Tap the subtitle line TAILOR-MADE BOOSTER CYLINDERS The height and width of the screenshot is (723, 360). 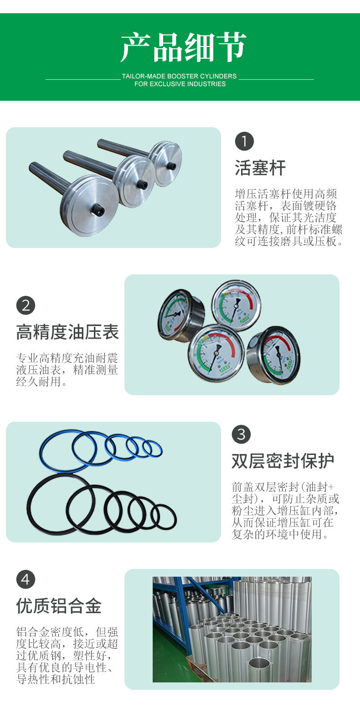[180, 76]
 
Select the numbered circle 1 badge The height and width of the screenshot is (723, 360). [244, 141]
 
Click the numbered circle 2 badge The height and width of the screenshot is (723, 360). [26, 305]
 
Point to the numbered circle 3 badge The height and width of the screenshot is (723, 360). [241, 434]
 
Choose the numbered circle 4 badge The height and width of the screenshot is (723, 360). [26, 579]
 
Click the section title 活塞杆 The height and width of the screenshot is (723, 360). [260, 168]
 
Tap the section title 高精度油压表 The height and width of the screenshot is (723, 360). [68, 332]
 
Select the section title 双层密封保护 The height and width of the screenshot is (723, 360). [283, 461]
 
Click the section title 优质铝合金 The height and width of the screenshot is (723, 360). [59, 606]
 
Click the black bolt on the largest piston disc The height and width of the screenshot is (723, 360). [98, 211]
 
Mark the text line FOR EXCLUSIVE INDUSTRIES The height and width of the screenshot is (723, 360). [180, 84]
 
